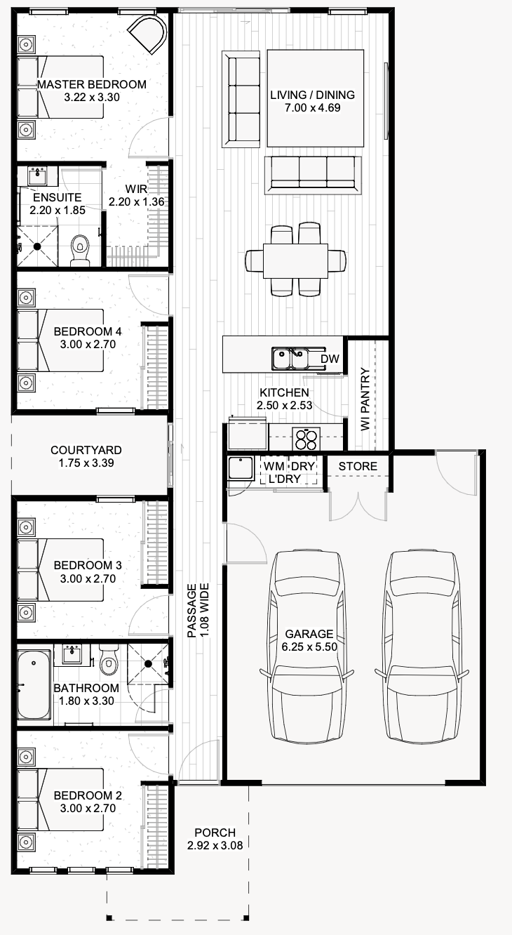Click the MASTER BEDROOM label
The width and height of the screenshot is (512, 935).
[92, 84]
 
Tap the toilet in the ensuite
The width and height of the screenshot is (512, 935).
[80, 250]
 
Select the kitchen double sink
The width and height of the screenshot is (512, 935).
[290, 359]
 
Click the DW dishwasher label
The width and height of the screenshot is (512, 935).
[330, 359]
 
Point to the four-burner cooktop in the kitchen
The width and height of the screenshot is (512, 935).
[306, 439]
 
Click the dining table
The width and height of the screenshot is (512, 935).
[295, 261]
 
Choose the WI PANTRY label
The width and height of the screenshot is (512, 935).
[365, 399]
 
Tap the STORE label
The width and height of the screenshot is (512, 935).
[358, 466]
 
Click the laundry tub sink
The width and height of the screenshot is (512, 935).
[241, 467]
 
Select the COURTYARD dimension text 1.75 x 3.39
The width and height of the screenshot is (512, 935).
[86, 463]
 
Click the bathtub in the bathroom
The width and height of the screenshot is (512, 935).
[34, 684]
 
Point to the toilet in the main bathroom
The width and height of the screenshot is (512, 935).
[109, 660]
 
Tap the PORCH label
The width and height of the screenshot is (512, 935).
[215, 833]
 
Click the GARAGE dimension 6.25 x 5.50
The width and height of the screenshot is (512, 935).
[309, 646]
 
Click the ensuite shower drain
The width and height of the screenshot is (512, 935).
[38, 246]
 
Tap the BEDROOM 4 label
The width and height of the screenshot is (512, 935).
[88, 331]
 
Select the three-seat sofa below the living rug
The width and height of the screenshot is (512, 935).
[313, 175]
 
